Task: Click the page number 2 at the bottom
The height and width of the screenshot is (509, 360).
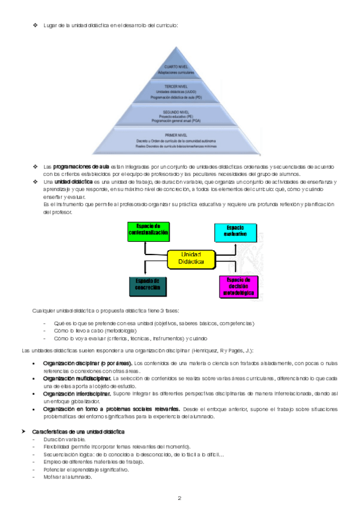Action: point(179,498)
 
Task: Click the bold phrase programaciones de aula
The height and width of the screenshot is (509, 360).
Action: point(80,166)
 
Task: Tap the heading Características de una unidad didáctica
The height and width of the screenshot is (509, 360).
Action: point(77,432)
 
